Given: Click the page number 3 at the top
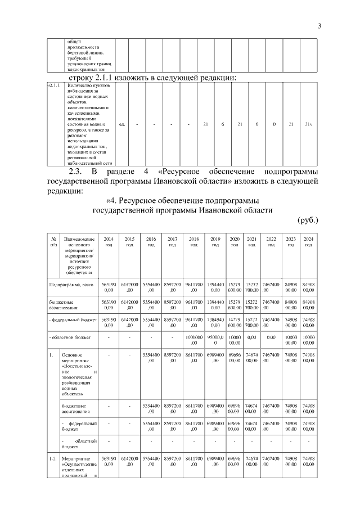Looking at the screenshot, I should point(319,25).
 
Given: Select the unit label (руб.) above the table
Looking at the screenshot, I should point(308,220).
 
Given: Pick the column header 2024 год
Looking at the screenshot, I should point(308,242).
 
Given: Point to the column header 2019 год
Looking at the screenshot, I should point(215,242).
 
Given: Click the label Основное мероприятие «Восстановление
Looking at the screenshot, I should point(78,375).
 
